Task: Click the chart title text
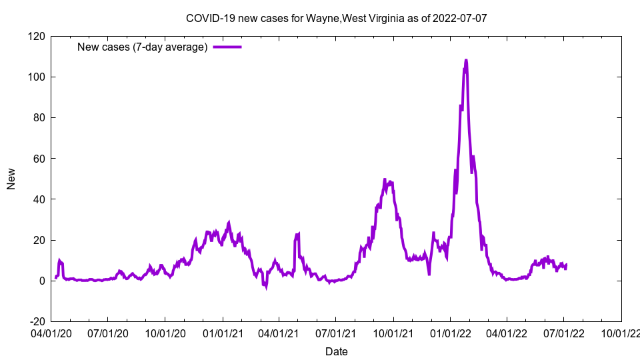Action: pos(336,18)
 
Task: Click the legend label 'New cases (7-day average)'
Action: pos(143,47)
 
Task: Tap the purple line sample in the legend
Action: pos(227,47)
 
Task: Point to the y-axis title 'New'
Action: pos(11,179)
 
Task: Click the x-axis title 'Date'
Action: pos(336,351)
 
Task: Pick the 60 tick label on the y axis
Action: pos(38,159)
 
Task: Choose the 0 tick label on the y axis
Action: pos(41,281)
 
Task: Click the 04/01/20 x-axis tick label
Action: pos(51,332)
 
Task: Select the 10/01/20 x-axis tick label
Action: pos(165,332)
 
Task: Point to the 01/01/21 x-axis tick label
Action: pos(222,332)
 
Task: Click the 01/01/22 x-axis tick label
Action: pos(450,332)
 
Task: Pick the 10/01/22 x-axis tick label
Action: pos(621,332)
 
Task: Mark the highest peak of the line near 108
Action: pos(466,60)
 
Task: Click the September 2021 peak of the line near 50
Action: pos(385,179)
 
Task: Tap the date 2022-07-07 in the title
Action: pos(459,18)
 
